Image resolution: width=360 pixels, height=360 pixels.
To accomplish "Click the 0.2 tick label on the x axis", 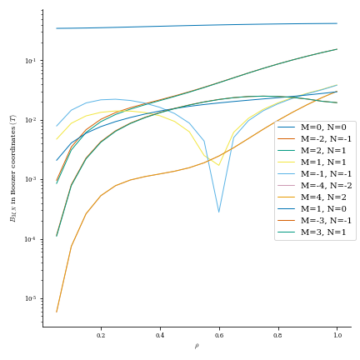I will coord(101,335).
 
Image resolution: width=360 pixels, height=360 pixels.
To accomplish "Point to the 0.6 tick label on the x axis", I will coord(219,335).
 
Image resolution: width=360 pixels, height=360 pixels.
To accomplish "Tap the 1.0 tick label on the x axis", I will coord(337,335).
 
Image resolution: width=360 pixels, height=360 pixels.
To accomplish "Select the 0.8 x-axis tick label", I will coord(277,335).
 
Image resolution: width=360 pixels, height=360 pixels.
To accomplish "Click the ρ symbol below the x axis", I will coord(197,346).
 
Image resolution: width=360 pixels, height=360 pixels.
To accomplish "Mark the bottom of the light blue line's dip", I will coord(219,212).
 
